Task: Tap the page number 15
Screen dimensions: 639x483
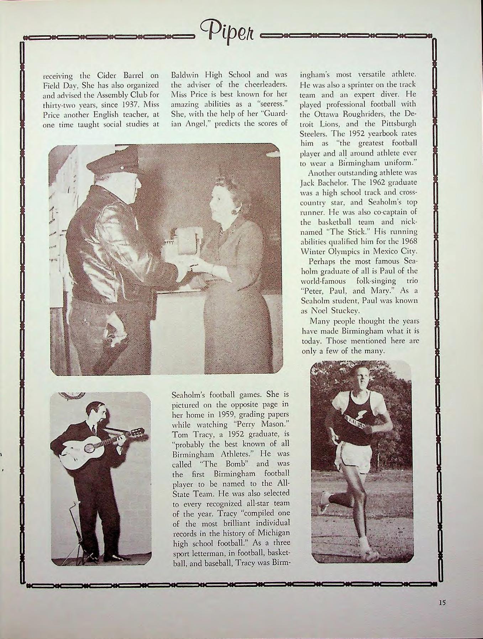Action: (x=442, y=603)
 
